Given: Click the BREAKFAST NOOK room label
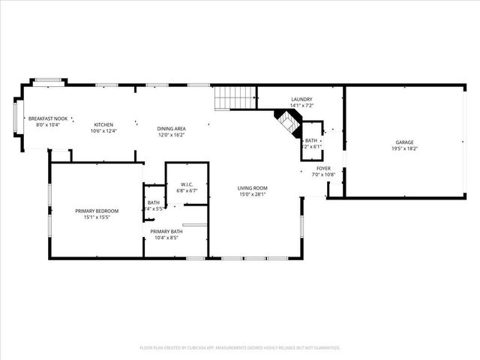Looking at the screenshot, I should coord(48,118).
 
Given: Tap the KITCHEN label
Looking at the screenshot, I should coord(103,124).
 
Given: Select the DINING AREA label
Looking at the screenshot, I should coord(171,129).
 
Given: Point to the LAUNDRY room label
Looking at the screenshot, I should coord(301,99).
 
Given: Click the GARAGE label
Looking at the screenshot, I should coord(404,142).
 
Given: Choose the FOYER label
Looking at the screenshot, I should coord(323,169).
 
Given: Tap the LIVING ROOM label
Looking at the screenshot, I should coord(252,188).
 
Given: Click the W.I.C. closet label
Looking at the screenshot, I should coord(181,185).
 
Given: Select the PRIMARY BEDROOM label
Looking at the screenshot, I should coord(97,211).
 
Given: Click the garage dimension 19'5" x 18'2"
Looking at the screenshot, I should coord(404,148).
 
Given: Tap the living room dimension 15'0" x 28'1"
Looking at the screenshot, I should coord(252,194).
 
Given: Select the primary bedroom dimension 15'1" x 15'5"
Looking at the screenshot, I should coord(97,217).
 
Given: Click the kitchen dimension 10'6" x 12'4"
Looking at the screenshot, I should coord(103,130).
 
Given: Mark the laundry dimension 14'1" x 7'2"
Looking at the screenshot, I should coord(301,105).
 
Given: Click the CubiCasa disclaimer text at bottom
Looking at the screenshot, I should coord(240,348).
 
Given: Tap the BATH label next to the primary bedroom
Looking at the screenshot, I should coord(153,202).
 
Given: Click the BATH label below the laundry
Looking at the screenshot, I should coord(310,140).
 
